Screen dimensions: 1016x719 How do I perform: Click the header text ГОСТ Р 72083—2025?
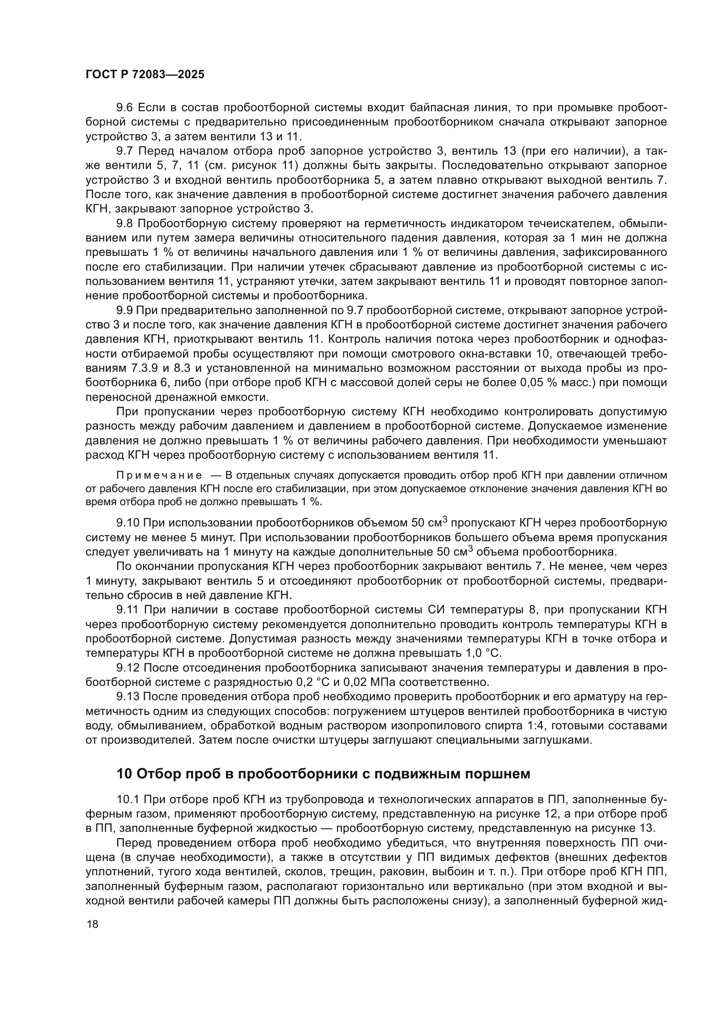(x=145, y=74)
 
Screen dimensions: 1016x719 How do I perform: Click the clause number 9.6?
(x=124, y=108)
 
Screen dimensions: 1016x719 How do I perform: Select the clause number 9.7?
(x=124, y=151)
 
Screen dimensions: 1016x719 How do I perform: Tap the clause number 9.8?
(x=124, y=223)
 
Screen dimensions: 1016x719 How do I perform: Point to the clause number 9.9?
(x=124, y=310)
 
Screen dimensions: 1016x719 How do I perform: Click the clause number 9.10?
(x=127, y=523)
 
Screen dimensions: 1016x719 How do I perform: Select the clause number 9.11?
(x=127, y=610)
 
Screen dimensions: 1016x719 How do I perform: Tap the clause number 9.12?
(x=127, y=668)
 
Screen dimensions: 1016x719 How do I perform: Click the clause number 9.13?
(x=127, y=696)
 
